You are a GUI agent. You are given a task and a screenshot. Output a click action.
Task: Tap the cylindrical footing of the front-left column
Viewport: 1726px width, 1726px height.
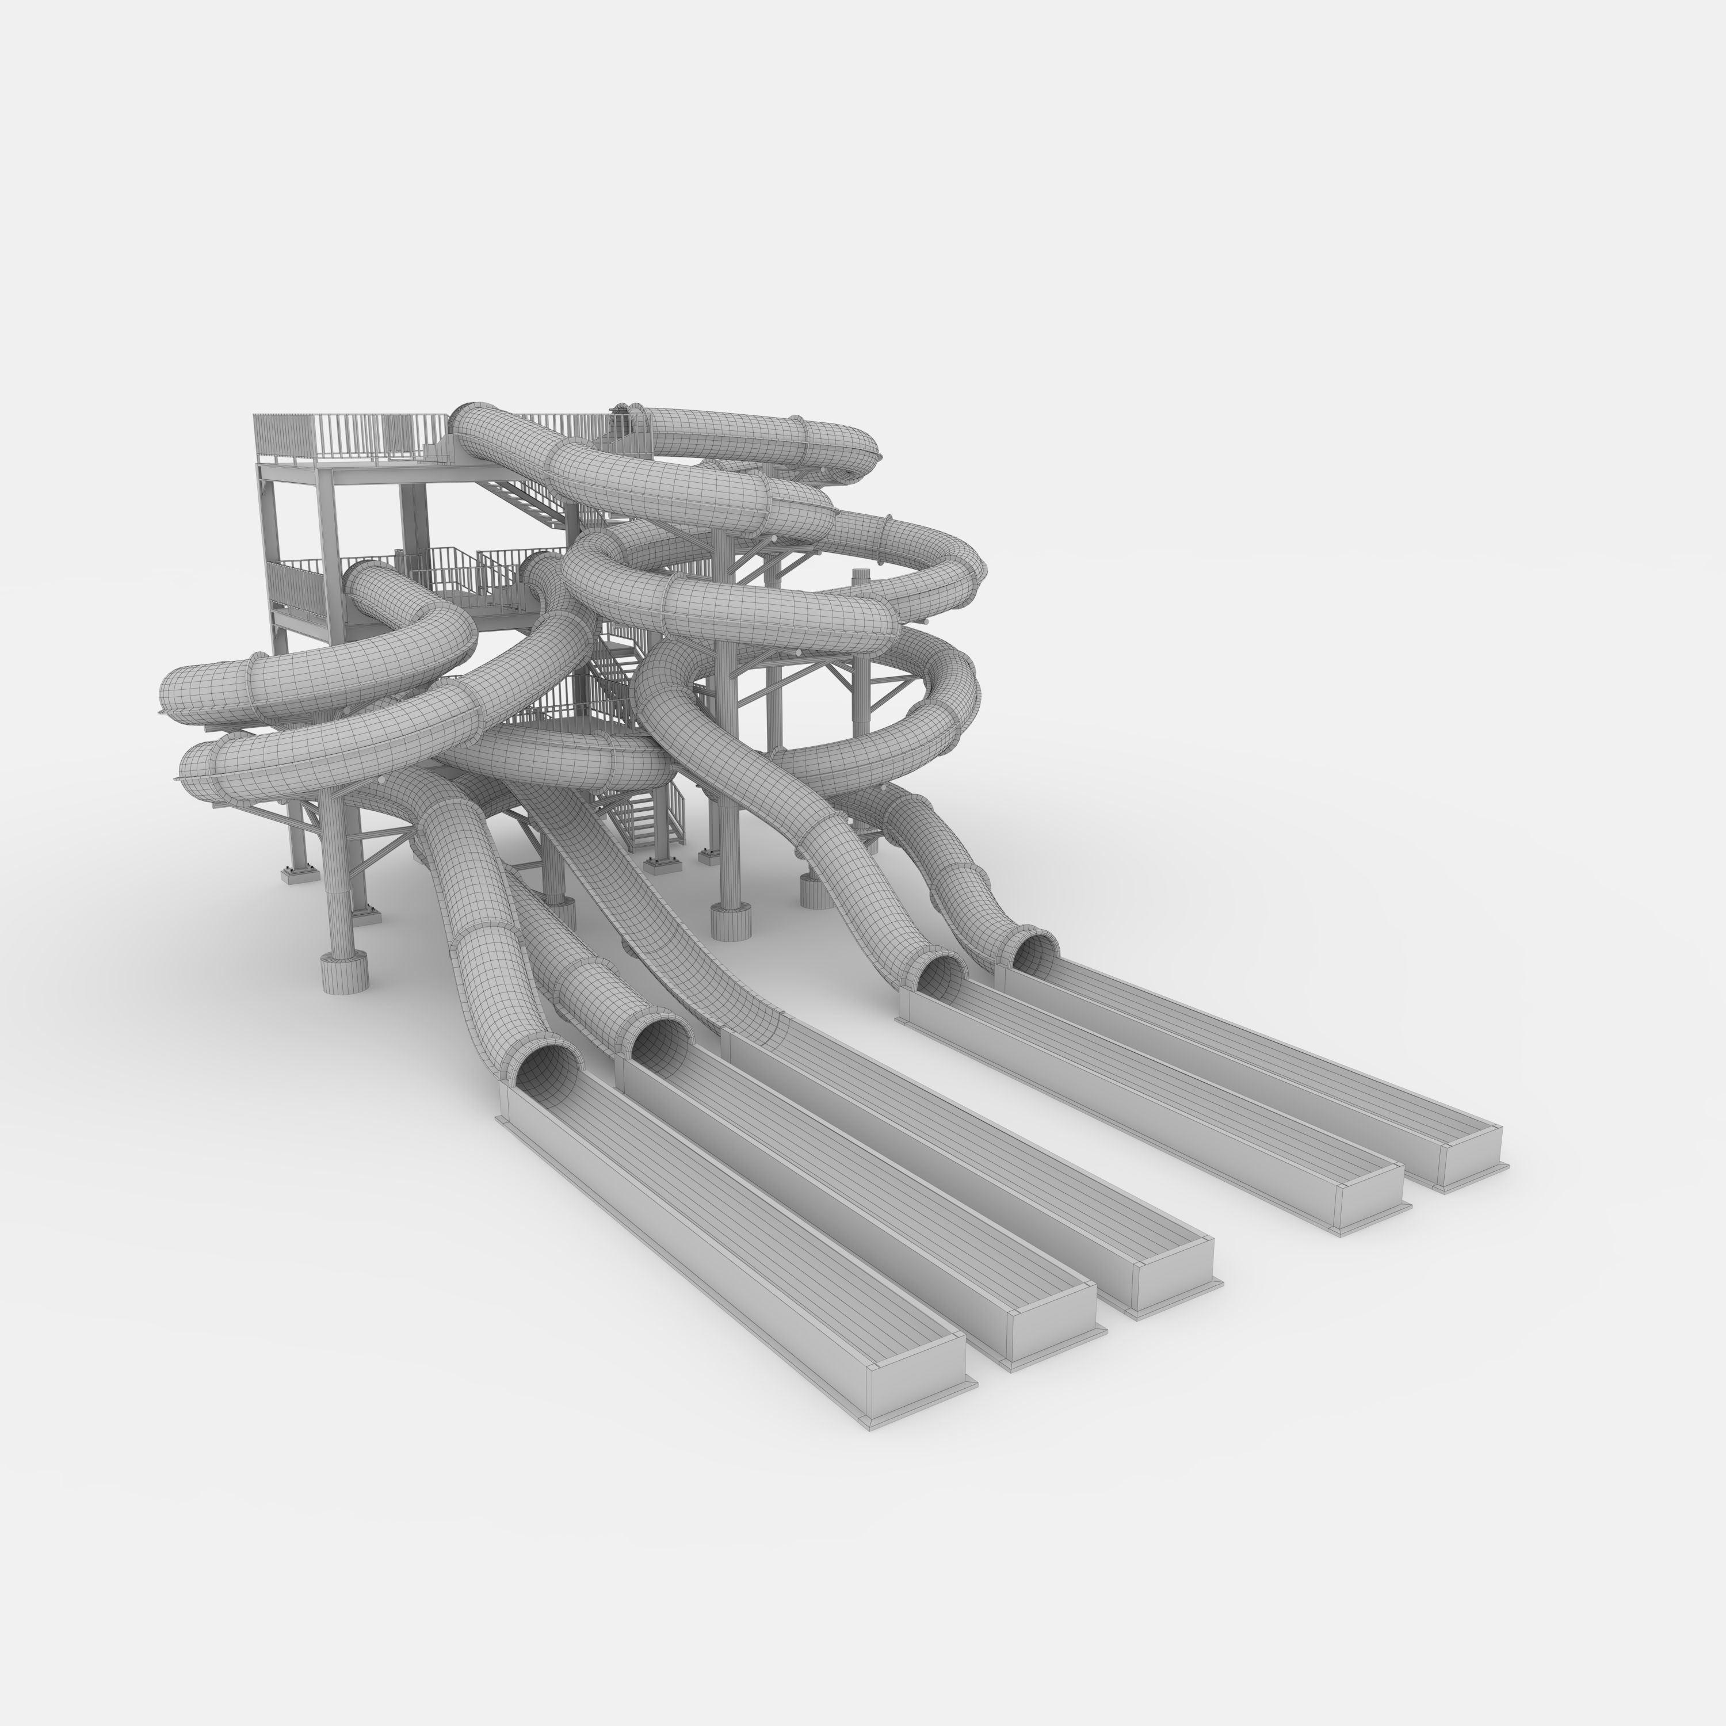click(345, 972)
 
